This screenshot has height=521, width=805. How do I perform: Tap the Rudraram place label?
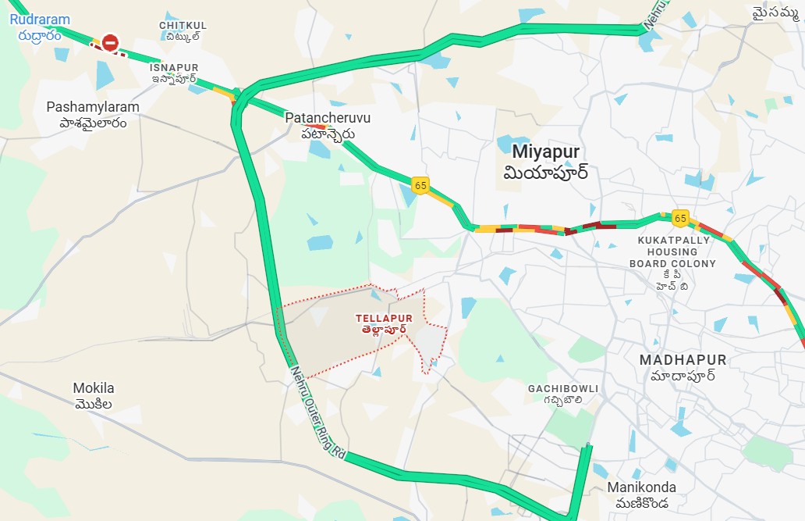click(40, 20)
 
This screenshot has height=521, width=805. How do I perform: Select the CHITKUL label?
click(183, 26)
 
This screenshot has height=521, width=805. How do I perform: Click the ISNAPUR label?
click(175, 68)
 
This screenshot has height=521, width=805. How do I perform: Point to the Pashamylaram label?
click(93, 107)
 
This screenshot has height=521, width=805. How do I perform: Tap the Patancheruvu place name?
click(328, 118)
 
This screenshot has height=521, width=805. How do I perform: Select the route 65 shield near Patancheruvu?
click(420, 185)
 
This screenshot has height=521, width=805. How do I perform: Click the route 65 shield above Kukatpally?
click(680, 218)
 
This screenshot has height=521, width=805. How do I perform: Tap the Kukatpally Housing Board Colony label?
click(672, 252)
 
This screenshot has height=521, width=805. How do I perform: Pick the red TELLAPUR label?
click(384, 318)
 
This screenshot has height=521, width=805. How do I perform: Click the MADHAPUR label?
click(683, 360)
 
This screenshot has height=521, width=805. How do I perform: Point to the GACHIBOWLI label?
click(562, 388)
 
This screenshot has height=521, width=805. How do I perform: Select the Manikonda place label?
click(642, 487)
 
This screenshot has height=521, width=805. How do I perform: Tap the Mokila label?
click(94, 388)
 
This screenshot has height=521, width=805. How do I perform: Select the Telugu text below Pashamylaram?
click(93, 123)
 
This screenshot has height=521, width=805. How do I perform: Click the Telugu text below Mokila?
click(94, 405)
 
